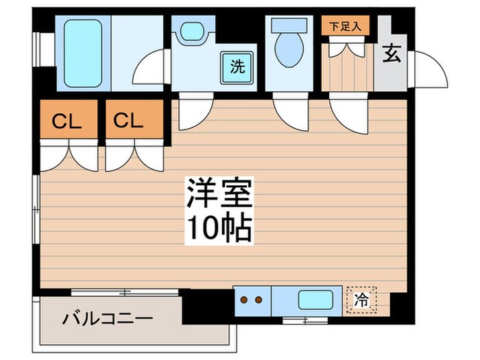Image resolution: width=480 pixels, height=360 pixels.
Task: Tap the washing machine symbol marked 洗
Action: point(237,67)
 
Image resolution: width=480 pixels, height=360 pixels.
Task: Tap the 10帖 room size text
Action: point(219,228)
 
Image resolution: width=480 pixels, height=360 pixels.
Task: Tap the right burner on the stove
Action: point(259,300)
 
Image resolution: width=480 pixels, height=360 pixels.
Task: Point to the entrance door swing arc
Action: point(429,69)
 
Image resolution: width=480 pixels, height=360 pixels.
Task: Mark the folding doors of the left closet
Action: point(69,156)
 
